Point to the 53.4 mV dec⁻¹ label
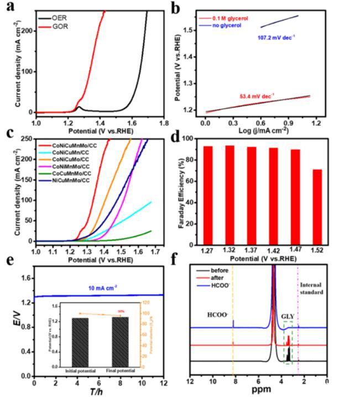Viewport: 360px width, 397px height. coord(256,96)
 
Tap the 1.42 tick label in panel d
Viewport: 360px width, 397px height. coord(273,252)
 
